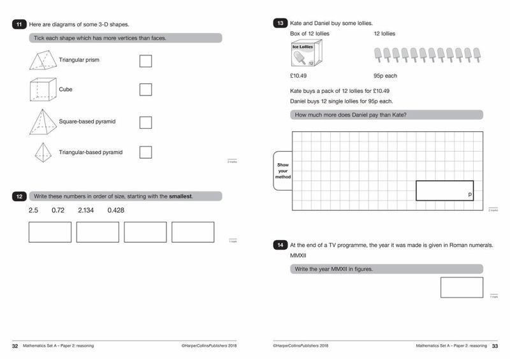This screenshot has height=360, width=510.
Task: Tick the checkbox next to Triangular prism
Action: [x=145, y=61]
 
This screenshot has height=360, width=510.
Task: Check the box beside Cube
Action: [x=145, y=89]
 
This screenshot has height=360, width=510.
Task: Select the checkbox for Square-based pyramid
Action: [x=145, y=122]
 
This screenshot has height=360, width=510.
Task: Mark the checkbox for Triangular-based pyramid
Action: [x=145, y=152]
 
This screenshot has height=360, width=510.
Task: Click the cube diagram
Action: [x=42, y=90]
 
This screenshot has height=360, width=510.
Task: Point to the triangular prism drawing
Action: [x=42, y=61]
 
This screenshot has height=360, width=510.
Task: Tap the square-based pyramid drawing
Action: [x=42, y=121]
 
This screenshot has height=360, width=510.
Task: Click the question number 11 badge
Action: [x=19, y=24]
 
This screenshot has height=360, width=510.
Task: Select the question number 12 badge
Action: [x=19, y=196]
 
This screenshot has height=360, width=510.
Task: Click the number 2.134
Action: [x=86, y=210]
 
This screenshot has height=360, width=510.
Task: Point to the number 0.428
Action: [x=115, y=210]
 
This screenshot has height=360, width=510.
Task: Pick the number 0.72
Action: [x=59, y=210]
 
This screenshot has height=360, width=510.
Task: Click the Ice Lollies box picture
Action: [x=306, y=54]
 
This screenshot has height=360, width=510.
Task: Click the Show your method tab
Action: [x=283, y=171]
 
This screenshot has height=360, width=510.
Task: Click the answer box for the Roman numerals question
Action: [x=462, y=287]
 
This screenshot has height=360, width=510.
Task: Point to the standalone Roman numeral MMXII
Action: [x=298, y=256]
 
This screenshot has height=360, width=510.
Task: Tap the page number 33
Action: [x=495, y=347]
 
